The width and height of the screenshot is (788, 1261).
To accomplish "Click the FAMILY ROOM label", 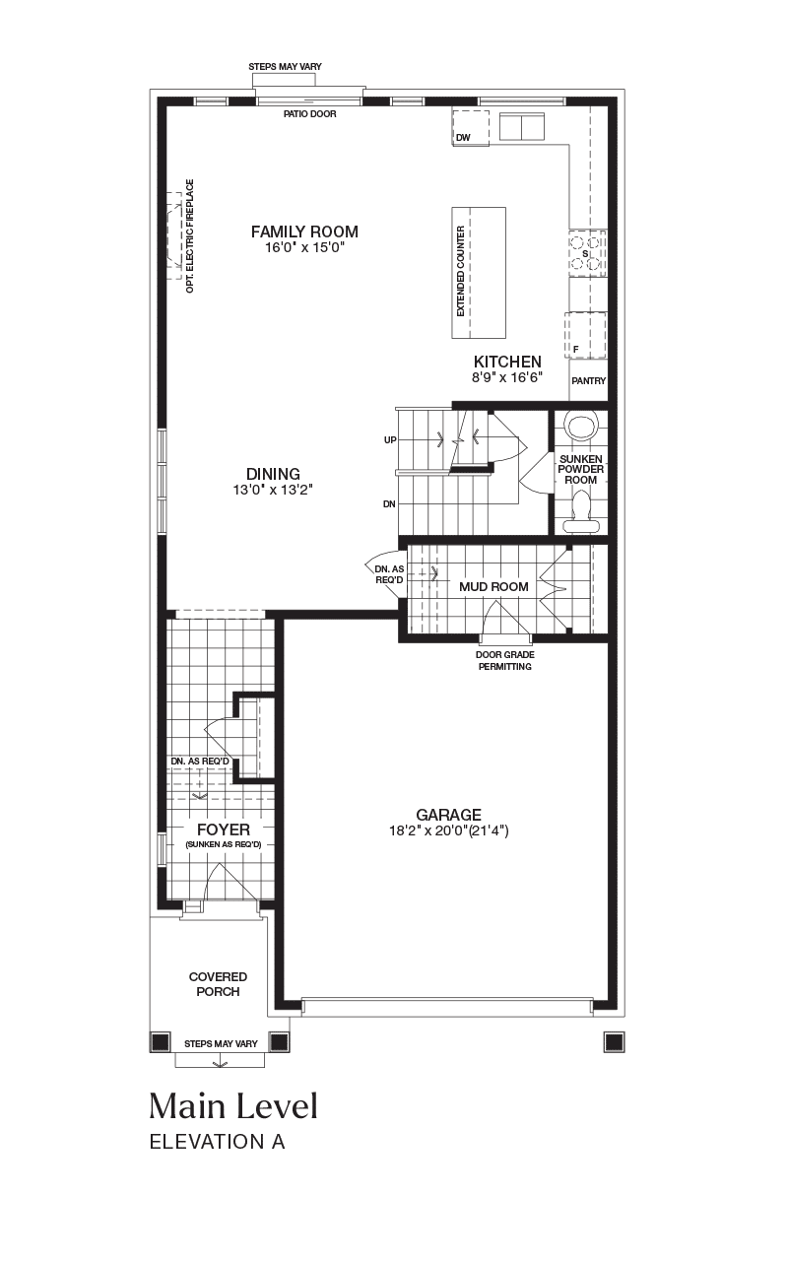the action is (x=304, y=232).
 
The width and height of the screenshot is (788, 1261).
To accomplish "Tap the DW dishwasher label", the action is (x=463, y=138).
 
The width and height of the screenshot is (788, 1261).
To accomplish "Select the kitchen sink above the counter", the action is (x=522, y=127).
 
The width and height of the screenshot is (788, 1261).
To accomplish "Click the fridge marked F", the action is (x=585, y=335).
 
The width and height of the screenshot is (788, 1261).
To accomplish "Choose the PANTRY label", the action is (x=588, y=381).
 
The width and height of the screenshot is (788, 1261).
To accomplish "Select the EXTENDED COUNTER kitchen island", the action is (x=479, y=273).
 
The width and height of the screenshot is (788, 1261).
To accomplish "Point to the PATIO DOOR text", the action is (x=310, y=114).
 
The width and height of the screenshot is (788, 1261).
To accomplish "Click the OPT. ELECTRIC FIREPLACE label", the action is (x=190, y=235).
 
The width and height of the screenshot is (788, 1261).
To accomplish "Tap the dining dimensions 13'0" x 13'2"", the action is (x=273, y=490).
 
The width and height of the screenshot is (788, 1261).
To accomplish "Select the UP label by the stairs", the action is (x=390, y=440).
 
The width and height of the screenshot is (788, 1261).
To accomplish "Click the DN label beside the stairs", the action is (x=389, y=504).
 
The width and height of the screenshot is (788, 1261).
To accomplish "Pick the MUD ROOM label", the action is (x=493, y=586).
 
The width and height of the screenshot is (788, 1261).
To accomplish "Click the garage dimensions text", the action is (x=448, y=830).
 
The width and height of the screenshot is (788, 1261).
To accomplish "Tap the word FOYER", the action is (x=224, y=830).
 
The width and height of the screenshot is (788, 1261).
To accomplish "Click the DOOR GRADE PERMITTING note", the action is (x=505, y=661).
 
